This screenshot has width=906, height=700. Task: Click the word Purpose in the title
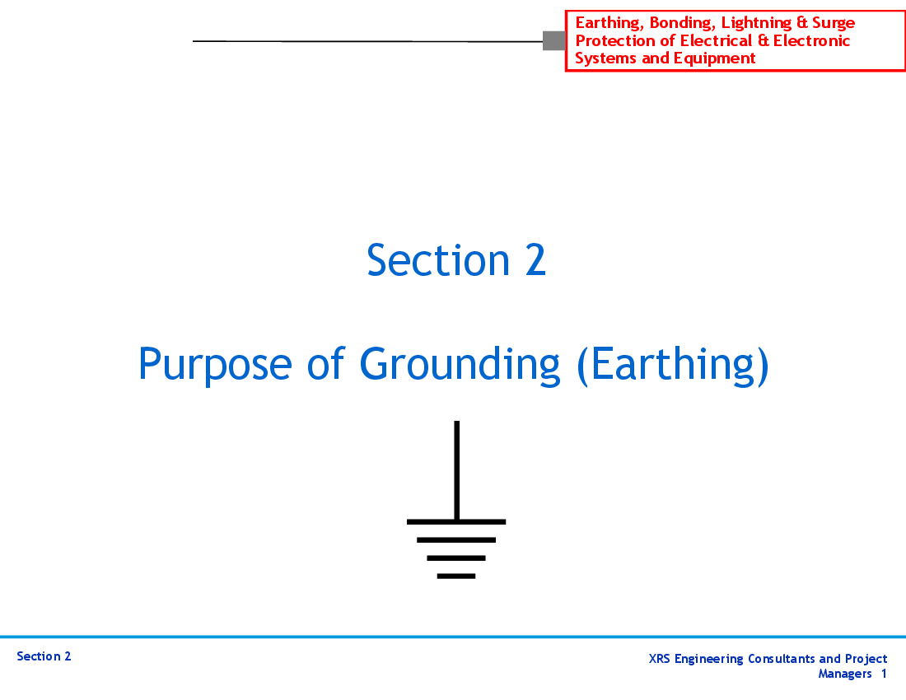tap(215, 365)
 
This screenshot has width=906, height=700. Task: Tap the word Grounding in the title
tap(460, 365)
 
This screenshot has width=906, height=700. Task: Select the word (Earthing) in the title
tap(673, 365)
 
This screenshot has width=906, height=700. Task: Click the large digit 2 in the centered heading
tap(535, 260)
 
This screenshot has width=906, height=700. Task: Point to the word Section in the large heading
tap(438, 260)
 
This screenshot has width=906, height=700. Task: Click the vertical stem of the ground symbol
tap(456, 470)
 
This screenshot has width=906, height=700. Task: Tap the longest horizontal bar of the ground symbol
tap(456, 521)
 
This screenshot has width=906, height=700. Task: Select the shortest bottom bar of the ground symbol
tap(456, 576)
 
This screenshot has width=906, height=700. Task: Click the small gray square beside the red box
tap(554, 40)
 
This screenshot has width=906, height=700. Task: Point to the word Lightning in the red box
tap(756, 22)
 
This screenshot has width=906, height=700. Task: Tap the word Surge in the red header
tap(834, 22)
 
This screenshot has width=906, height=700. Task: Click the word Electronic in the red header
tap(811, 40)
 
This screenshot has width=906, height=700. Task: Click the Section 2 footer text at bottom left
tap(44, 656)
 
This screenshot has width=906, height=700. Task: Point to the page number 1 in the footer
tap(884, 674)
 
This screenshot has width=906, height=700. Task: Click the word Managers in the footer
tap(845, 674)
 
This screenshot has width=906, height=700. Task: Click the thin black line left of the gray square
tap(367, 41)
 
